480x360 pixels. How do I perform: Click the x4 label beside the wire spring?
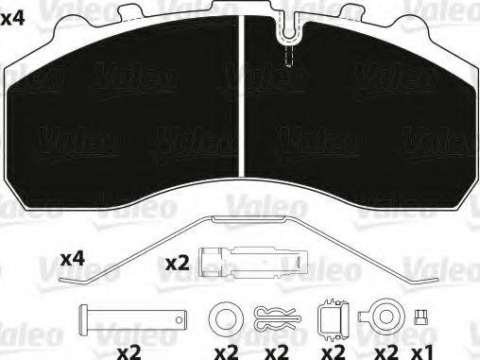73,257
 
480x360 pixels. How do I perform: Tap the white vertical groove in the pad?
244,104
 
